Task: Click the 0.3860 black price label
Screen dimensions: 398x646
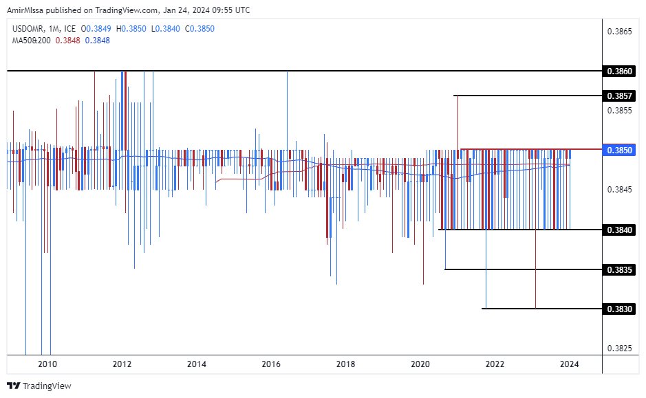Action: [619, 71]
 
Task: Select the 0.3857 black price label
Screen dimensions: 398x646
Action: [619, 95]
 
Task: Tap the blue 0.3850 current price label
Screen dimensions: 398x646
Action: [619, 149]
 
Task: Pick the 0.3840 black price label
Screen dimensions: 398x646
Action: [619, 230]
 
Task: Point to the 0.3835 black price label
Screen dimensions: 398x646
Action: [619, 269]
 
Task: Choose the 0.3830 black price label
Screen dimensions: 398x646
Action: [619, 309]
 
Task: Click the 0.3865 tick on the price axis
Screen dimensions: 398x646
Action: [619, 32]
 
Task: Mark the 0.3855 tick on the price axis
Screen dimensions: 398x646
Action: [619, 110]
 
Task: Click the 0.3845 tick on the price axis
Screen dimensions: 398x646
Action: [619, 189]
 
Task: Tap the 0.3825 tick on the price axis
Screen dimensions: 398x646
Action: [619, 348]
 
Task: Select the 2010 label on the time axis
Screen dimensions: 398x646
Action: [47, 364]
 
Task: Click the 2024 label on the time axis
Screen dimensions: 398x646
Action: [569, 364]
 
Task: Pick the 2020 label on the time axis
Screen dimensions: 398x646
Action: [420, 364]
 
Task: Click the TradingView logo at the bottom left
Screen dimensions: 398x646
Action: [39, 386]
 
